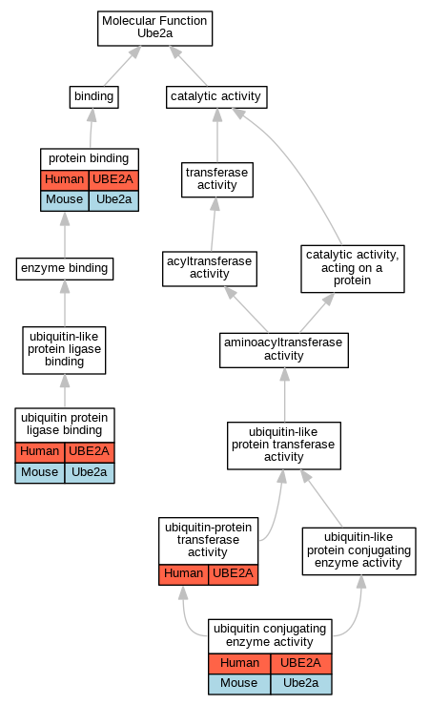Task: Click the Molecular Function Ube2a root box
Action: pyautogui.click(x=155, y=29)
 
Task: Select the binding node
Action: pyautogui.click(x=93, y=97)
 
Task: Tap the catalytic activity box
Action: pyautogui.click(x=216, y=97)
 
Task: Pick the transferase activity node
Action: pyautogui.click(x=217, y=179)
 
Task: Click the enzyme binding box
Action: pyautogui.click(x=65, y=269)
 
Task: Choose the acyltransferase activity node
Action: pyautogui.click(x=210, y=268)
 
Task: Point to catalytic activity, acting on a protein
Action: pyautogui.click(x=353, y=268)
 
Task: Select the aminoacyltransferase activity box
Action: pyautogui.click(x=284, y=350)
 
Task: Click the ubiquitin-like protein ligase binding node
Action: pyautogui.click(x=64, y=350)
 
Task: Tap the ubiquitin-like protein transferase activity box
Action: pyautogui.click(x=284, y=446)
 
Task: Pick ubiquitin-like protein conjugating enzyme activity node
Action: pyautogui.click(x=359, y=551)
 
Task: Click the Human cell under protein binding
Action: pyautogui.click(x=65, y=180)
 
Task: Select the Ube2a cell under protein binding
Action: pyautogui.click(x=113, y=200)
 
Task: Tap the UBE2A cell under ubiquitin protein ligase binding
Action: pyautogui.click(x=90, y=452)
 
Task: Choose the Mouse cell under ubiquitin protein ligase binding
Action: pyautogui.click(x=39, y=473)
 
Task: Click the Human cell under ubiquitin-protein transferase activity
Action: pyautogui.click(x=183, y=574)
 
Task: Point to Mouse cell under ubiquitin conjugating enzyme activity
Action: pyautogui.click(x=239, y=684)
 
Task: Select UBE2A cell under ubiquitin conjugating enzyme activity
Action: pyautogui.click(x=301, y=664)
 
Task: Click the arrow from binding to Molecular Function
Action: pyautogui.click(x=122, y=66)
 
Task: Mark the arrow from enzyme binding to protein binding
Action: pyautogui.click(x=65, y=235)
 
